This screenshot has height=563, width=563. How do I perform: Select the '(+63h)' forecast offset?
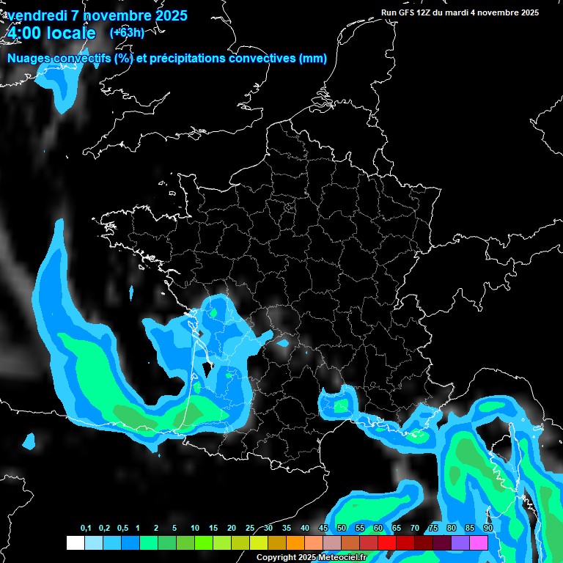pos(127,33)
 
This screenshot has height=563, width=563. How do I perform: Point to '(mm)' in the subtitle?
pos(312,59)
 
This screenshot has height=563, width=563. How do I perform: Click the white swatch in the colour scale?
pos(75,542)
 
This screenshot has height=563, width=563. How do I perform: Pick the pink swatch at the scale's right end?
pos(479,542)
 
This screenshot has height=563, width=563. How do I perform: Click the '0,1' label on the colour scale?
pos(86,529)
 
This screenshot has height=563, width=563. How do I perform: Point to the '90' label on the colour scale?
pos(487,529)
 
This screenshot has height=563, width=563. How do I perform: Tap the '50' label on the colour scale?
pos(342,529)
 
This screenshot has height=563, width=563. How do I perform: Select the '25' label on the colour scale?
pos(250,529)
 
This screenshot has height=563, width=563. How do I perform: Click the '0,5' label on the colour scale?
pos(122,529)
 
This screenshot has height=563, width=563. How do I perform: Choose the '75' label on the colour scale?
pos(433,529)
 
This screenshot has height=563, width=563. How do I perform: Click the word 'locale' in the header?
pos(71,34)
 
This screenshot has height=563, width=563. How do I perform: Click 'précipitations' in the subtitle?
pos(179,59)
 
